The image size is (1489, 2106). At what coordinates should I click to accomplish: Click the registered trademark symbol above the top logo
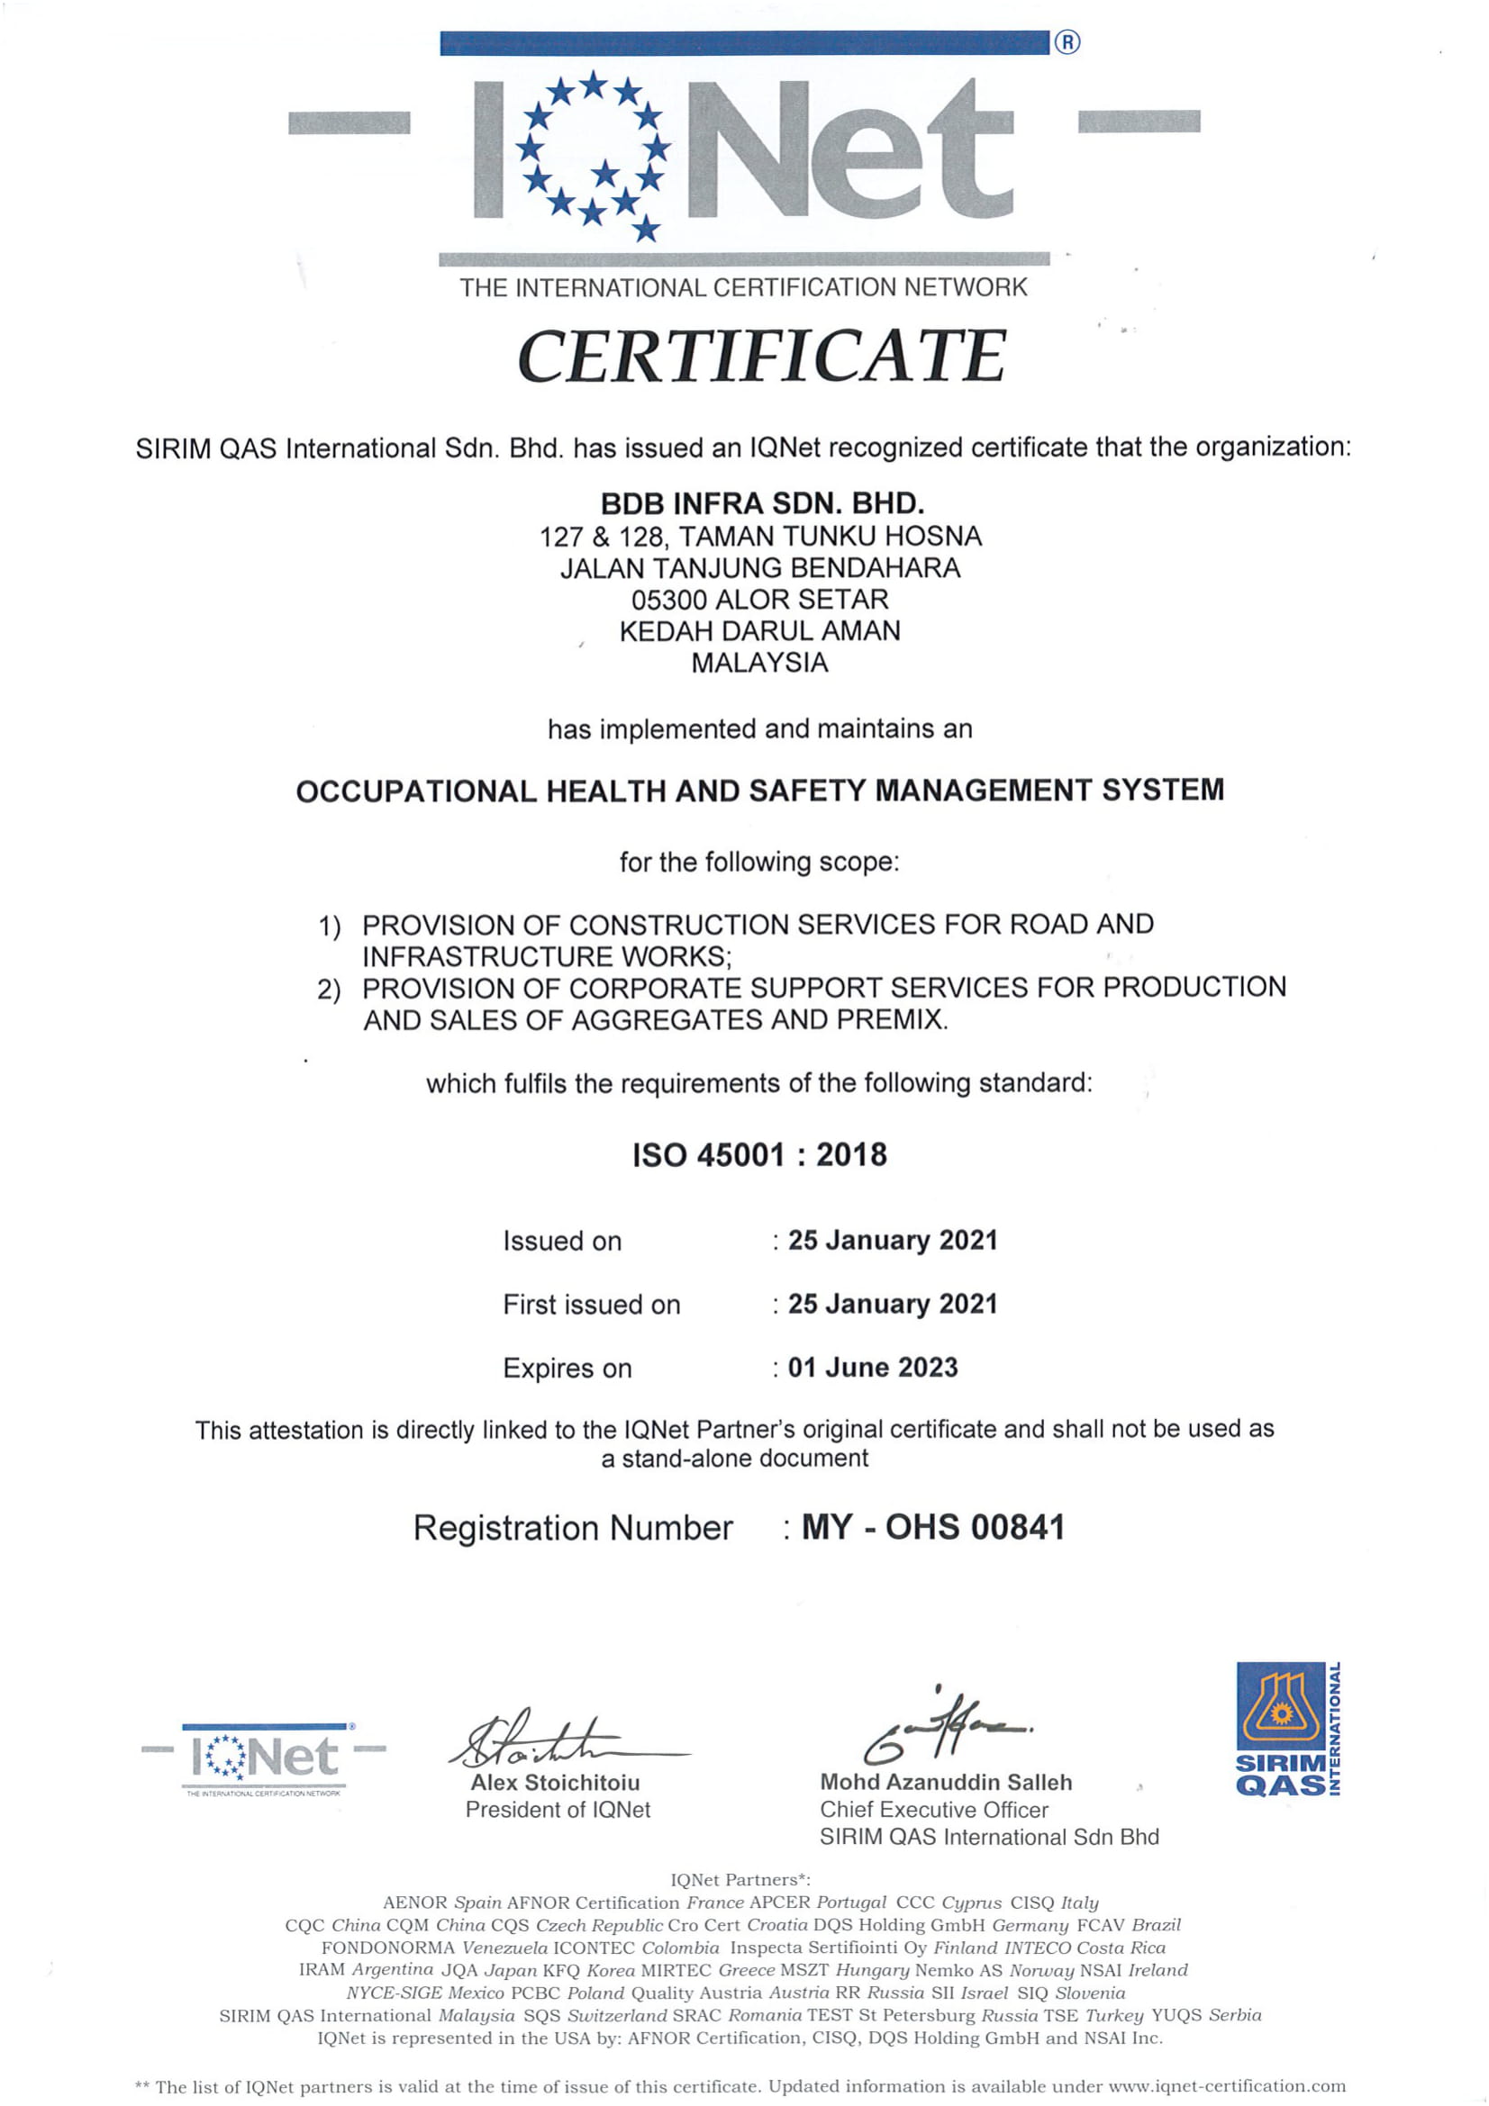click(x=1067, y=42)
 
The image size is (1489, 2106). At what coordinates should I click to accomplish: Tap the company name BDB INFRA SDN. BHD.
click(x=761, y=503)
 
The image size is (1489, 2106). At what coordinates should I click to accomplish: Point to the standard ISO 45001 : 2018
click(x=759, y=1155)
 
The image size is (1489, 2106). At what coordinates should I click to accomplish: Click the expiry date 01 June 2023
click(x=873, y=1368)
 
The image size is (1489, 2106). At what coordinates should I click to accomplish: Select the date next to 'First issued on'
click(x=892, y=1304)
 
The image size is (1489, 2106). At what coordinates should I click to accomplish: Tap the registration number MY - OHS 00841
click(x=933, y=1527)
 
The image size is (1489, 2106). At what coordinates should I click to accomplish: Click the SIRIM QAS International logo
click(x=1287, y=1729)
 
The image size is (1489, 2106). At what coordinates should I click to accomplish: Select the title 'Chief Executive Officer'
click(x=933, y=1810)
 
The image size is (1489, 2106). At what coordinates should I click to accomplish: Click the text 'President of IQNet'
click(x=558, y=1810)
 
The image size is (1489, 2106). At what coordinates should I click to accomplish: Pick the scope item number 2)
click(x=330, y=990)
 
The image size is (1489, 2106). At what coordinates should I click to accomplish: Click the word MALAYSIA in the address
click(x=759, y=663)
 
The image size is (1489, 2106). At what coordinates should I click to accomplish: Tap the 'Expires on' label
click(x=567, y=1369)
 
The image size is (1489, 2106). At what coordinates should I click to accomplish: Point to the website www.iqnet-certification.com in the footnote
click(x=1227, y=2087)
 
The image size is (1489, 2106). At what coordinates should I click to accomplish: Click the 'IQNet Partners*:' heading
click(x=741, y=1879)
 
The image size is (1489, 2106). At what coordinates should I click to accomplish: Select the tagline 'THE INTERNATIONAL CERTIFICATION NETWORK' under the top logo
click(x=743, y=288)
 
